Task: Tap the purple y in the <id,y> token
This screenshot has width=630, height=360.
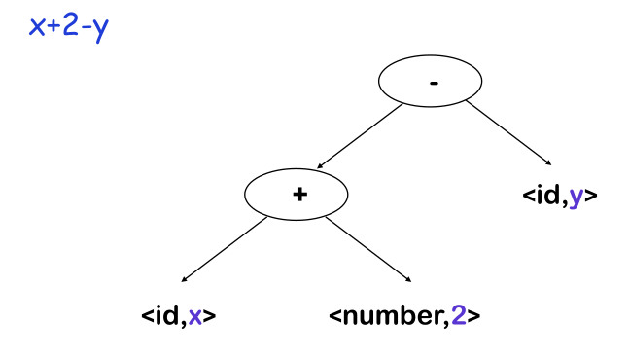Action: click(577, 196)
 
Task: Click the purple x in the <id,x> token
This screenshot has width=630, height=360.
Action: click(195, 316)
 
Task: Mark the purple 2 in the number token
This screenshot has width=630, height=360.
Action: click(459, 316)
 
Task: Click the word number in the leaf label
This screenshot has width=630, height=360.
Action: click(396, 316)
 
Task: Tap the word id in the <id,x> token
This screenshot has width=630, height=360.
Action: click(166, 316)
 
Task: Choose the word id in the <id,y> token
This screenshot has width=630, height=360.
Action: click(549, 196)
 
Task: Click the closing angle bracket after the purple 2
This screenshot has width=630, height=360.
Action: click(473, 316)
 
